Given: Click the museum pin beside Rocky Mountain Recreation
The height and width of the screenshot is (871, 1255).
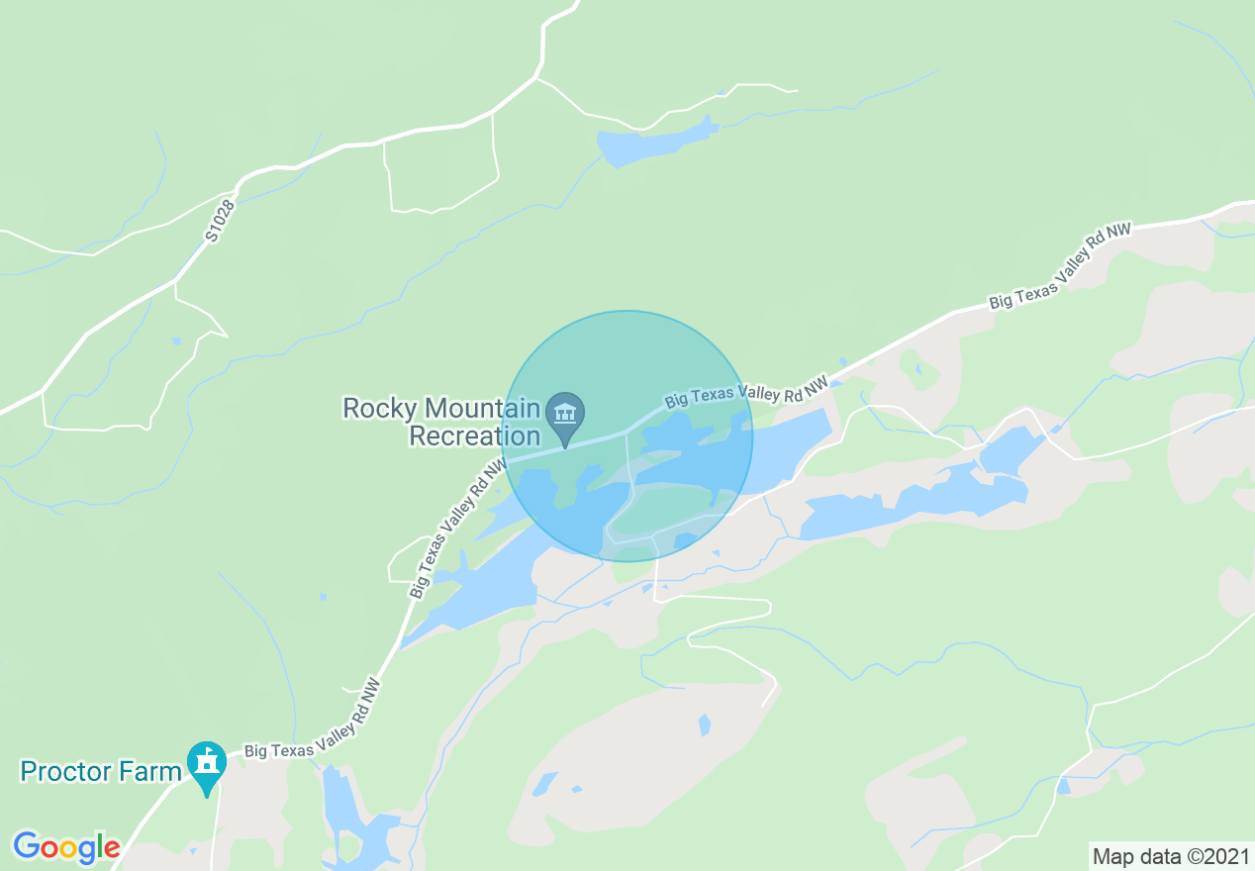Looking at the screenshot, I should pos(565,413).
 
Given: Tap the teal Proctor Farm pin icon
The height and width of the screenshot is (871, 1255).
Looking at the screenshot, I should pos(207,762).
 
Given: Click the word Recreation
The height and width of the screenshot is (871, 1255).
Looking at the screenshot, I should pos(475,435).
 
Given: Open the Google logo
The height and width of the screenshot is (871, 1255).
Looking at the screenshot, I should pos(66,847).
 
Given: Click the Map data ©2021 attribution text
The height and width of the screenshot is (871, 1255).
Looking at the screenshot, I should pos(1170,855).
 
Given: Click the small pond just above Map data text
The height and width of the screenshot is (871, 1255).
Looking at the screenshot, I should pos(1063,787).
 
